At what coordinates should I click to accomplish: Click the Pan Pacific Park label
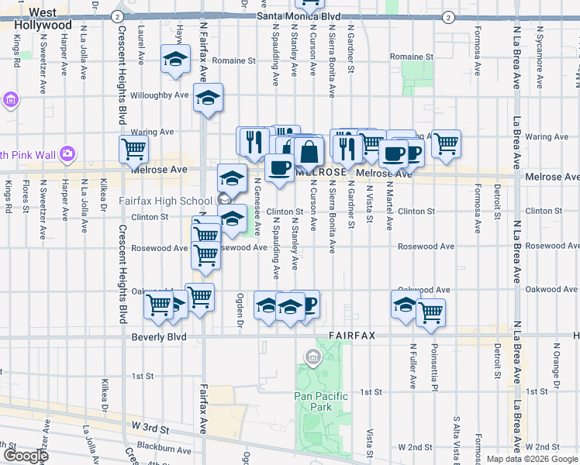point(321,402)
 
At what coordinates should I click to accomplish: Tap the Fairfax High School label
point(164,201)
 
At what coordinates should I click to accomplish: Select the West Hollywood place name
point(43,19)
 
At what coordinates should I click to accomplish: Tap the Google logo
point(25,456)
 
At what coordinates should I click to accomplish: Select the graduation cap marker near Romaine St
point(176,59)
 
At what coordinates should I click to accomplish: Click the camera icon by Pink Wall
point(67,153)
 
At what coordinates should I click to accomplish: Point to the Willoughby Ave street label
point(160,95)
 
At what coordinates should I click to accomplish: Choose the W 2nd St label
point(415,447)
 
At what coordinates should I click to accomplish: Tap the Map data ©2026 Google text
point(531,459)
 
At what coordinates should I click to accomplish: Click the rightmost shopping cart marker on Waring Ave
point(446,143)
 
